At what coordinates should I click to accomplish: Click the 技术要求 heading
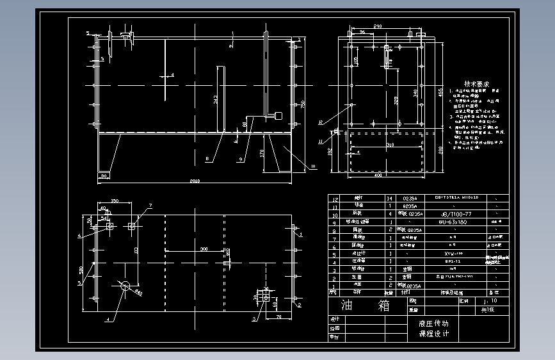coord(476,84)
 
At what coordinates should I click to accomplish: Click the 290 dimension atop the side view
coord(378,26)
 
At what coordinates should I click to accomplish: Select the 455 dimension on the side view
coord(440,94)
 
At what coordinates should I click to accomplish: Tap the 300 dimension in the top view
coord(204,248)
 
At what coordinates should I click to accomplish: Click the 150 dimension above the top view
coord(114,201)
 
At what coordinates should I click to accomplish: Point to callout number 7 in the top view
coord(151,206)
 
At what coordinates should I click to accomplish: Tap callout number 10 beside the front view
coord(314,167)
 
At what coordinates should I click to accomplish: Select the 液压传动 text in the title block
coord(433,323)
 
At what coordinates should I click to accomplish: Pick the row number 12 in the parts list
coord(332,199)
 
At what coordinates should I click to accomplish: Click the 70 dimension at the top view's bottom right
coord(279,317)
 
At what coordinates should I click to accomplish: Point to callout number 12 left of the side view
coord(320,122)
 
